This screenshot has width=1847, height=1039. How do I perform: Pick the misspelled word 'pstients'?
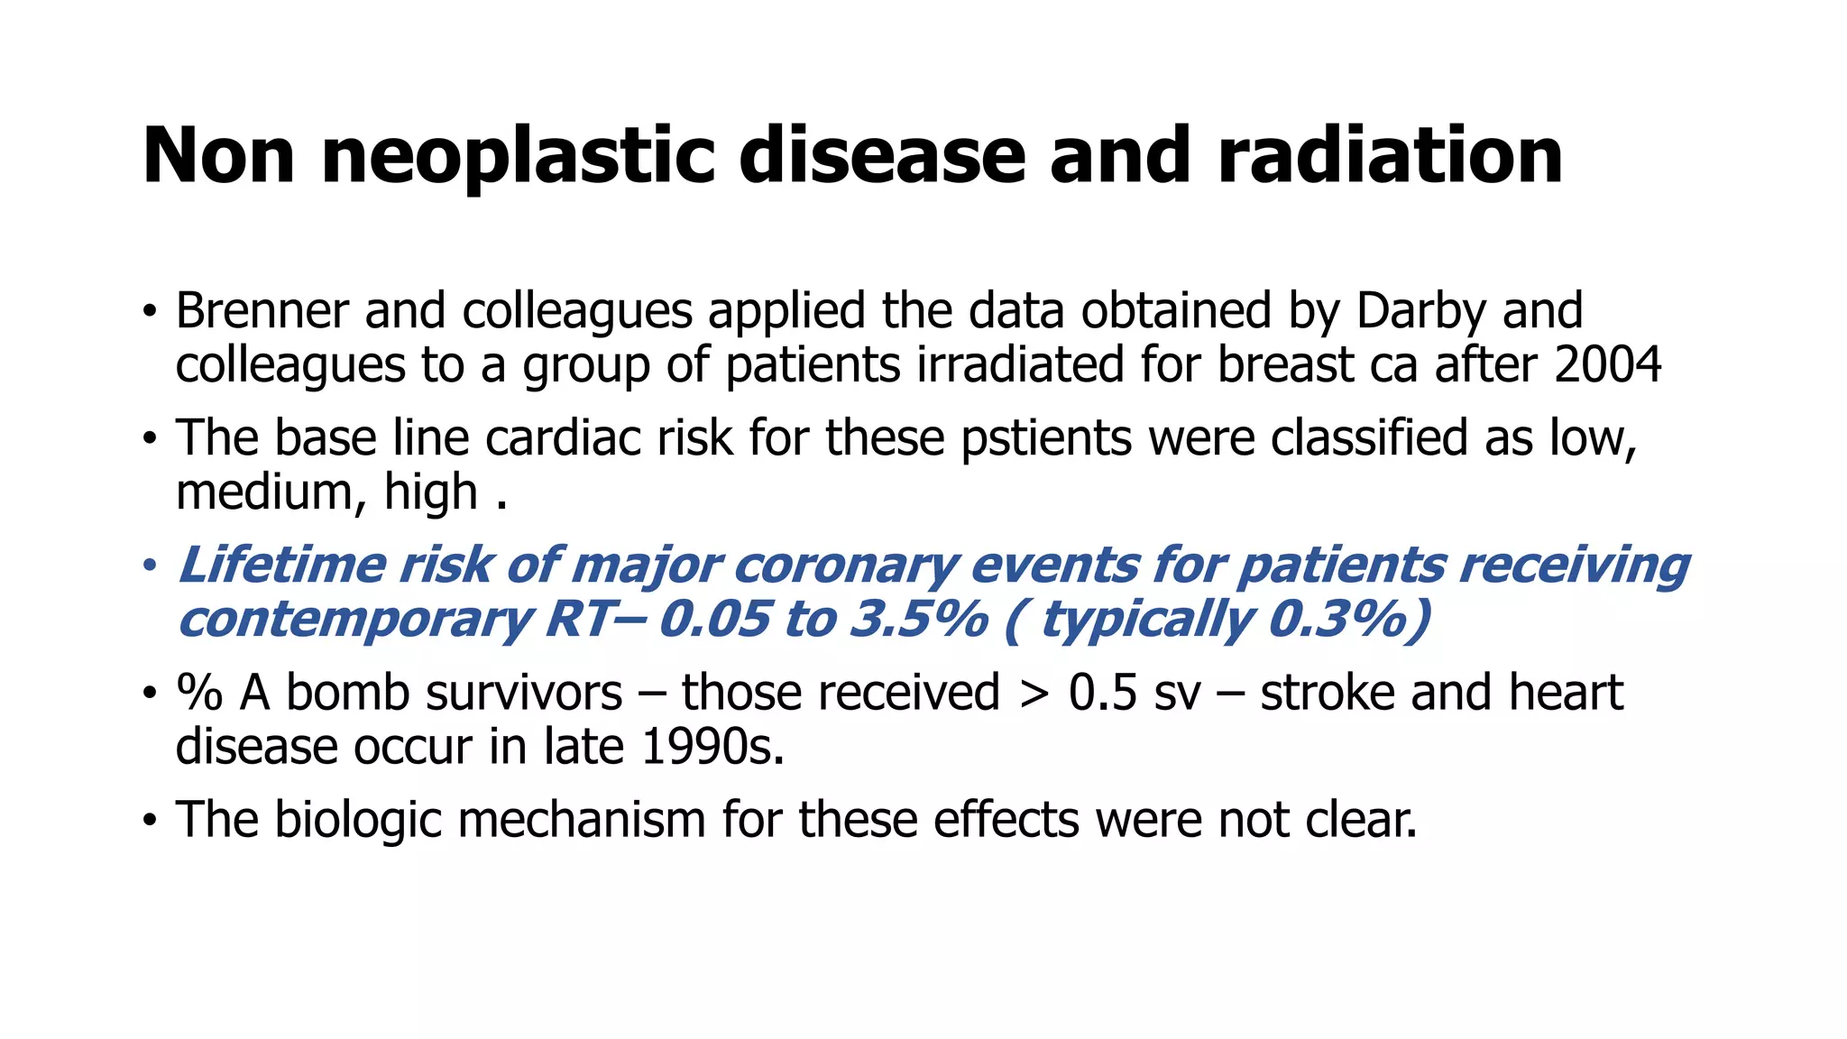pos(1046,439)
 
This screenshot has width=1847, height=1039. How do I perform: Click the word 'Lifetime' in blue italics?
pos(281,566)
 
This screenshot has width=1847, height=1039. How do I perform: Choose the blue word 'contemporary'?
pos(354,621)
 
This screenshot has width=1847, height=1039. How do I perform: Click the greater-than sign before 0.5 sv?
pos(1034,694)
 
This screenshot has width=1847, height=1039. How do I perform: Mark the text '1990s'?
pos(712,748)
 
